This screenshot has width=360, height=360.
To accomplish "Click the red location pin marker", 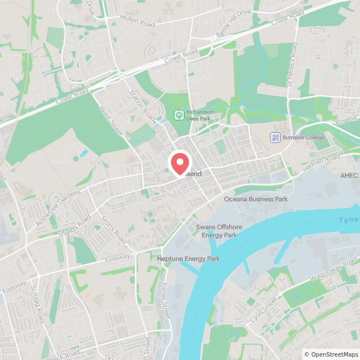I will [180, 163].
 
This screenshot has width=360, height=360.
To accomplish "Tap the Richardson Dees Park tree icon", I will [179, 115].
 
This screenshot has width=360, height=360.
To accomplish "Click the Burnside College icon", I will [275, 137].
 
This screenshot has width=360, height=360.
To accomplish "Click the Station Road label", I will [142, 105].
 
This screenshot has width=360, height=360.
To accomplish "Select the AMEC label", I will [349, 175].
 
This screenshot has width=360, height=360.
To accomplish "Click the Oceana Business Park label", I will [256, 199].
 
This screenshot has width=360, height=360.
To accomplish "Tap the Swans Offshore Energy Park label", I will [217, 231].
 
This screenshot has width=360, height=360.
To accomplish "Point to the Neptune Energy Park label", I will [188, 259].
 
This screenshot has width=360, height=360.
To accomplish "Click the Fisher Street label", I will [165, 301].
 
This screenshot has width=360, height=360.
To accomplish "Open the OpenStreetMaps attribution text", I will [331, 354].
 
